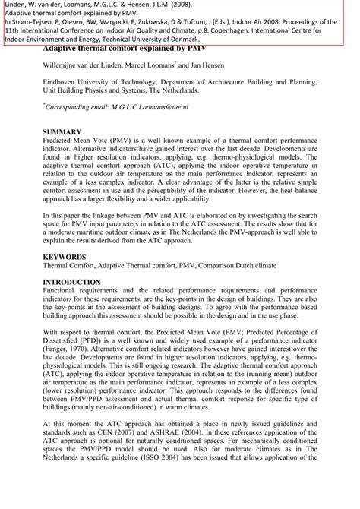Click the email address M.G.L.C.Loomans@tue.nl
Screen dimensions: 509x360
(x=156, y=109)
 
